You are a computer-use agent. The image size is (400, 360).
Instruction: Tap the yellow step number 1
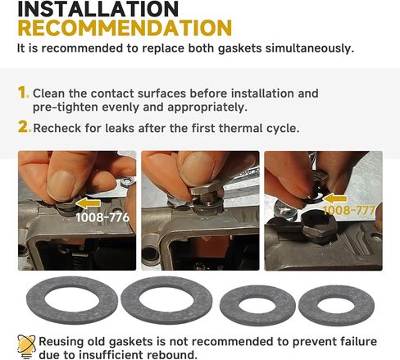pos(23,93)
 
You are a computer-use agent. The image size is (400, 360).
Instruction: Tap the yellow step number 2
pos(24,127)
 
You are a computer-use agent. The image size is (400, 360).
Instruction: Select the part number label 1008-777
pos(348,211)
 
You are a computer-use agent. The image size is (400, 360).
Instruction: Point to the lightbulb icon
pos(26,344)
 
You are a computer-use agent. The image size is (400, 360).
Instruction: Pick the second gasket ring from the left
pos(166,300)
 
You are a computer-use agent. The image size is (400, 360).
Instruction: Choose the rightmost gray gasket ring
pos(336,305)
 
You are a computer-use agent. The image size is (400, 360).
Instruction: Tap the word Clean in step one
pos(52,93)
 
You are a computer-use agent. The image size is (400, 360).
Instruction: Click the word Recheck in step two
pos(59,128)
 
